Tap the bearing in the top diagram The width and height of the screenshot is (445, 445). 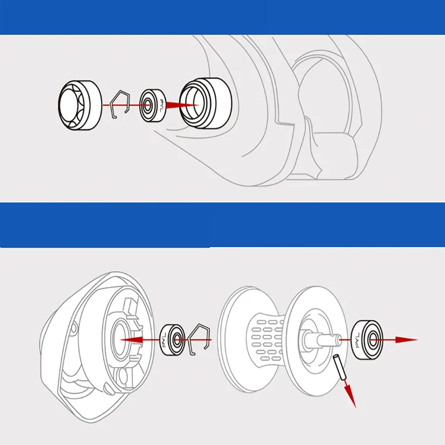(x=152, y=104)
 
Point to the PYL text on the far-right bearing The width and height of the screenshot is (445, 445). (x=356, y=339)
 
